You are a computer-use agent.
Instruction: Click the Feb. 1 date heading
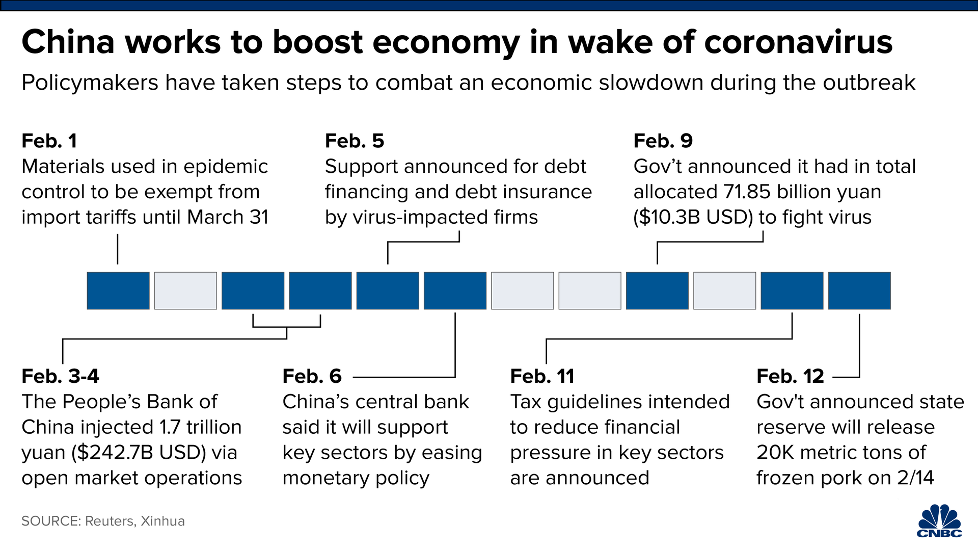[49, 141]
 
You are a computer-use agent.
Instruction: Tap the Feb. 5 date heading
[355, 141]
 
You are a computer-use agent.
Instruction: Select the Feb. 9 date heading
[663, 141]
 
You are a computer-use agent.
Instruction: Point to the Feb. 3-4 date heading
[61, 377]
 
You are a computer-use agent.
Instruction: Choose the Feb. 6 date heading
[312, 377]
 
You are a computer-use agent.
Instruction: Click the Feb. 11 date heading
[542, 377]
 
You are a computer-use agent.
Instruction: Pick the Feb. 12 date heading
[791, 377]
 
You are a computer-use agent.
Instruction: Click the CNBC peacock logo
[940, 521]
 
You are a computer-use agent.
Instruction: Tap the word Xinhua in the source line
[163, 521]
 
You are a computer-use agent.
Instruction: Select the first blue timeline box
[118, 291]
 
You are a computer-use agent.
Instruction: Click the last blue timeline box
[859, 291]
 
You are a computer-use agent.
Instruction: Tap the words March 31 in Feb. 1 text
[228, 218]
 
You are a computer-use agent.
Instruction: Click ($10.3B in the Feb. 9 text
[668, 218]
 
